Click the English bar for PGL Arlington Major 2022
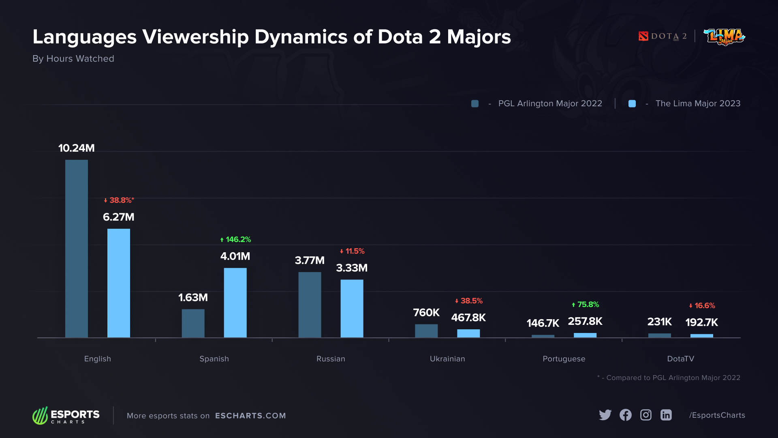77,248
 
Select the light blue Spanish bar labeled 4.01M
235,303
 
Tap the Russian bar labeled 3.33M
352,308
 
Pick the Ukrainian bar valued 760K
426,331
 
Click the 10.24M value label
77,148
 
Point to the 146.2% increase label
235,240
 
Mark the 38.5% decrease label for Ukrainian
469,301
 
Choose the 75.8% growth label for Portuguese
586,305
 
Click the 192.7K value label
701,322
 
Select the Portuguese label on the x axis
564,359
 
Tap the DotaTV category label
680,359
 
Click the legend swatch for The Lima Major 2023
632,104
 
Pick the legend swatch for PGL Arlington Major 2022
475,104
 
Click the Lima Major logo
725,37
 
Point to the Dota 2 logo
663,36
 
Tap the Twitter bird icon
605,415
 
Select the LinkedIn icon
666,415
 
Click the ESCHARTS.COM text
250,416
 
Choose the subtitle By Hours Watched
73,59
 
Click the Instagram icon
646,415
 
